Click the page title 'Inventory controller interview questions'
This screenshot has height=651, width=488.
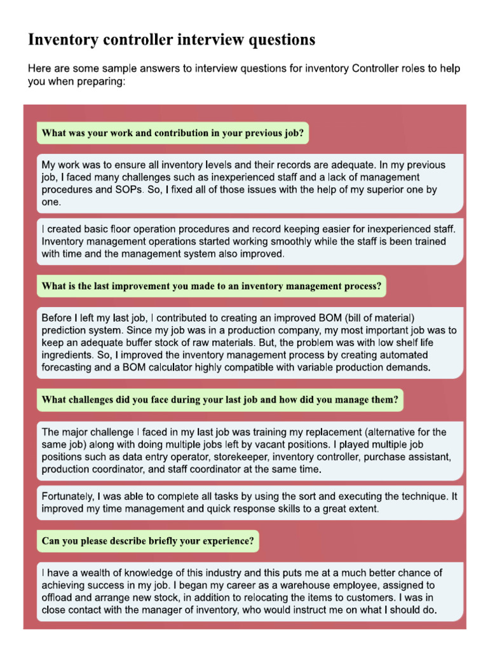point(172,40)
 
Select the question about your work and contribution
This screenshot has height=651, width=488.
point(172,134)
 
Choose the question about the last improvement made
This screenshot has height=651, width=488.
point(211,287)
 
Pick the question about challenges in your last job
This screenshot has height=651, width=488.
point(220,400)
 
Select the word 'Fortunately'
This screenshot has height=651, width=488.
point(72,497)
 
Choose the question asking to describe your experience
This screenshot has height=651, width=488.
point(148,542)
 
